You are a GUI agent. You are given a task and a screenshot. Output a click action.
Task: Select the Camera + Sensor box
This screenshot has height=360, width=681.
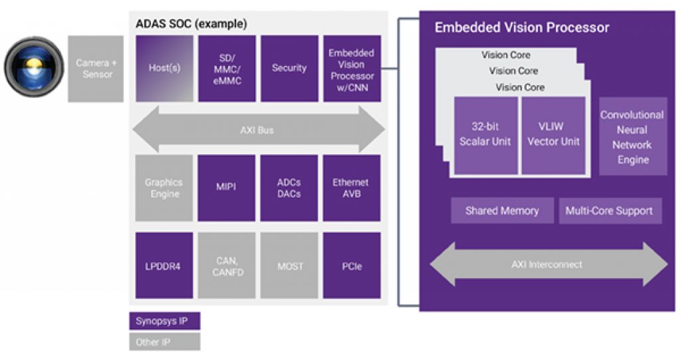pos(96,69)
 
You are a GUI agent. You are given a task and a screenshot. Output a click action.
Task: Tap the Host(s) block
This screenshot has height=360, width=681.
pos(164,68)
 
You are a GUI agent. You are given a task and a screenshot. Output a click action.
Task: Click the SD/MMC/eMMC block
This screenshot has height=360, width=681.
pos(226,68)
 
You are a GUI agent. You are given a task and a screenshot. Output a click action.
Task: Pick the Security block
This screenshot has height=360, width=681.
pos(289,68)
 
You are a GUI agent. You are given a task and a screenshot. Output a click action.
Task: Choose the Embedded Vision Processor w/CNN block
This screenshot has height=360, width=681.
pos(352,68)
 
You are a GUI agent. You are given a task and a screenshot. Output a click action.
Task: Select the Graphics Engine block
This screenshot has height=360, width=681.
pos(164,188)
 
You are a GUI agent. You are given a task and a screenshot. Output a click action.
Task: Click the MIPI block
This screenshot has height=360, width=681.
pos(226,188)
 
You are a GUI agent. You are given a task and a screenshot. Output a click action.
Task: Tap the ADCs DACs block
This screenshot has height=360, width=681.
pos(289,188)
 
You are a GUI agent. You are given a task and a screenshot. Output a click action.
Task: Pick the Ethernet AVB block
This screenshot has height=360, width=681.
pos(352,188)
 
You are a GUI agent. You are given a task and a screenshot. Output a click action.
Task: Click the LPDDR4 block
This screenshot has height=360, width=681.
pos(164,266)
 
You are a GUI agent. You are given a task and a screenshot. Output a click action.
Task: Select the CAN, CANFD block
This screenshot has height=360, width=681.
pos(226,266)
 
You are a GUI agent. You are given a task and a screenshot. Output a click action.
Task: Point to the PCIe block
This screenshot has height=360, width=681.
pos(352,266)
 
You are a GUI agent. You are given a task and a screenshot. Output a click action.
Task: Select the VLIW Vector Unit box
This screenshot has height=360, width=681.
pos(553,135)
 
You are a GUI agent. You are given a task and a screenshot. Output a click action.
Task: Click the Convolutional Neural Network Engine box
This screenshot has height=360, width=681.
pos(632,136)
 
